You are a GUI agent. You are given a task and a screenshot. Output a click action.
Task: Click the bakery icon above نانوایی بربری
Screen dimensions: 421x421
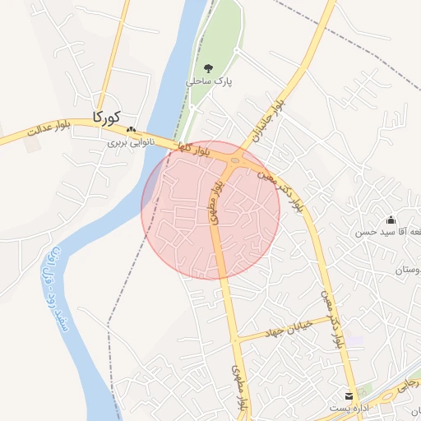(x=130, y=130)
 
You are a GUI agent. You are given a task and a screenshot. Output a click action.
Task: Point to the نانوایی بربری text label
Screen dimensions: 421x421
(x=132, y=142)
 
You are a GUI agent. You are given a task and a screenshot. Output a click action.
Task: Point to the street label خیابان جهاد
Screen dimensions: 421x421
(x=283, y=330)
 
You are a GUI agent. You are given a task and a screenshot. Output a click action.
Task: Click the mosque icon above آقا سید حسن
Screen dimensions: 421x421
(x=391, y=220)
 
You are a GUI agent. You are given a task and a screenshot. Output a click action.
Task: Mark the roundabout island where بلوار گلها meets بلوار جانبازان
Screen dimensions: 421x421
(x=236, y=160)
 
